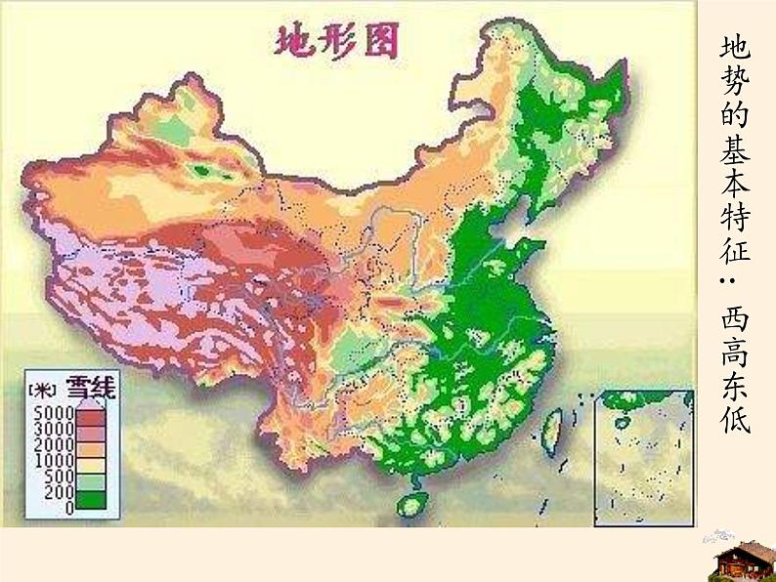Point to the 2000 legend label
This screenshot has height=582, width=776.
(50, 443)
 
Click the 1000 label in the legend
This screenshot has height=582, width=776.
(50, 460)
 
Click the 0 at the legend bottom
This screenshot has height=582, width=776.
(68, 507)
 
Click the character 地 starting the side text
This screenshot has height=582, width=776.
(737, 48)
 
